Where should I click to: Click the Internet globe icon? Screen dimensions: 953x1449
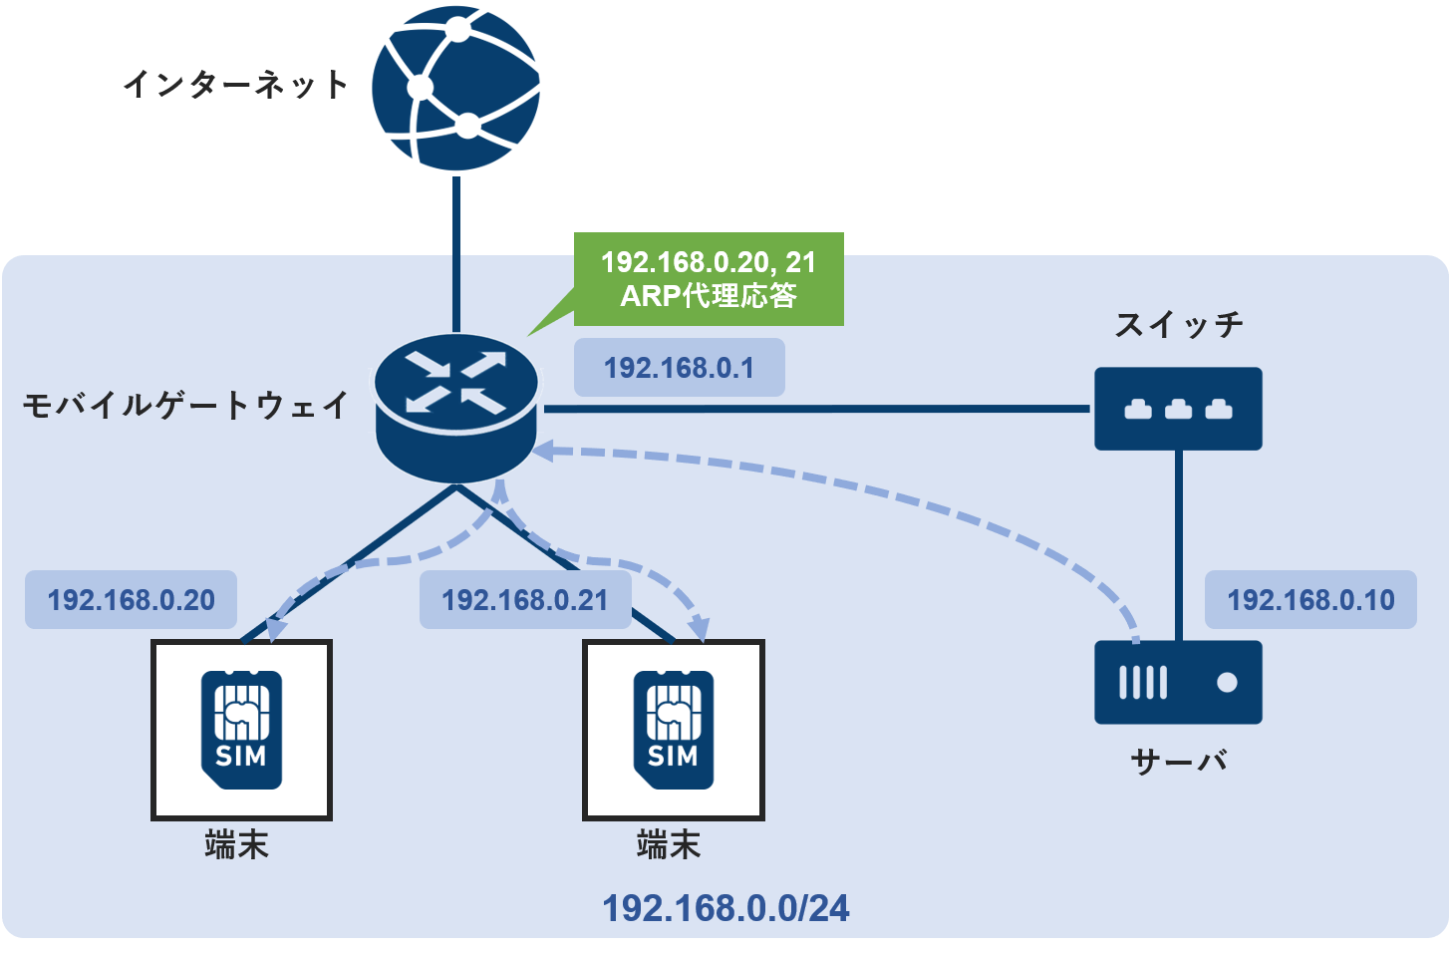pyautogui.click(x=456, y=88)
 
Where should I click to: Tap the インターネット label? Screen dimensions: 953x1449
pyautogui.click(x=236, y=84)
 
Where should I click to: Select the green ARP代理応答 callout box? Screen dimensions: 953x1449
pyautogui.click(x=709, y=279)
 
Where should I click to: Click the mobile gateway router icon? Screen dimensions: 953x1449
pyautogui.click(x=456, y=409)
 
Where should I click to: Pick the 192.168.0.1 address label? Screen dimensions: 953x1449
pyautogui.click(x=679, y=368)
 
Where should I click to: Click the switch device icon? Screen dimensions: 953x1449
pyautogui.click(x=1178, y=409)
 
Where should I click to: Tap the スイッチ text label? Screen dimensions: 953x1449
pyautogui.click(x=1179, y=324)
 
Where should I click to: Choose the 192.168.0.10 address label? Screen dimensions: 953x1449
pyautogui.click(x=1310, y=600)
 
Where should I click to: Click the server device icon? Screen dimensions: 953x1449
pyautogui.click(x=1178, y=683)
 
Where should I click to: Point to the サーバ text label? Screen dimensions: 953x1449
pyautogui.click(x=1179, y=762)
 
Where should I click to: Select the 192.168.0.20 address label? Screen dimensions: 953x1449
pyautogui.click(x=131, y=600)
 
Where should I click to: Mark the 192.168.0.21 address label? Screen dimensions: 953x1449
pyautogui.click(x=525, y=600)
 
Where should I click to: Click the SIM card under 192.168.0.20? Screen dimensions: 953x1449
pyautogui.click(x=241, y=730)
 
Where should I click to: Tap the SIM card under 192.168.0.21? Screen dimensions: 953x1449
pyautogui.click(x=674, y=730)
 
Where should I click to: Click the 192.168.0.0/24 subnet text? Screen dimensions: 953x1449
pyautogui.click(x=725, y=908)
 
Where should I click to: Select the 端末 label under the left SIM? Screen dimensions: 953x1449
pyautogui.click(x=236, y=845)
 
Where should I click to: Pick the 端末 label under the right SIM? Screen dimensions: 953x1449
pyautogui.click(x=669, y=845)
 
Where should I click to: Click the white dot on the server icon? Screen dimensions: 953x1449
pyautogui.click(x=1227, y=683)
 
